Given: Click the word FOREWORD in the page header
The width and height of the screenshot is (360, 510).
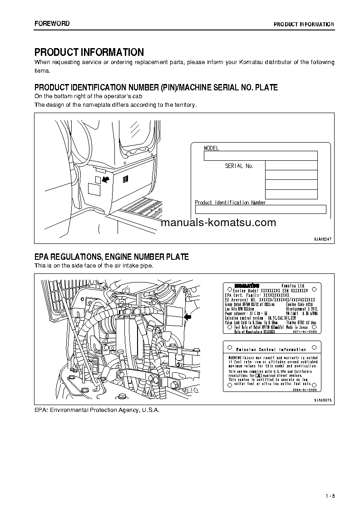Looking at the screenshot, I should (x=52, y=24).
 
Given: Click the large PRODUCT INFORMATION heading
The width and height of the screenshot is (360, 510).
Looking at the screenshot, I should (x=89, y=52).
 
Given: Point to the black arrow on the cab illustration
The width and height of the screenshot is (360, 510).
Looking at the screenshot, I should (x=105, y=180).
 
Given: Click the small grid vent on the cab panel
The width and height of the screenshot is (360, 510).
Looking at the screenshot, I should (x=126, y=179).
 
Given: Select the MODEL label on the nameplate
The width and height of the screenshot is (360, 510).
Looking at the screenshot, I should (x=212, y=148).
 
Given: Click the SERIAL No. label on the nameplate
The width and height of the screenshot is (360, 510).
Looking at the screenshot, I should (x=239, y=166).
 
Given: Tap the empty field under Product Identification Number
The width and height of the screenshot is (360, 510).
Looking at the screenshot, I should (x=261, y=209).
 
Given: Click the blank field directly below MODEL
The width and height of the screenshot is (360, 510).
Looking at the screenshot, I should (x=260, y=156).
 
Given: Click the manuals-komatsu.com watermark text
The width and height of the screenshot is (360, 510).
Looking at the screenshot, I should (x=218, y=223).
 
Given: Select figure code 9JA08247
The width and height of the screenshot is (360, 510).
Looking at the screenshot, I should (x=323, y=238).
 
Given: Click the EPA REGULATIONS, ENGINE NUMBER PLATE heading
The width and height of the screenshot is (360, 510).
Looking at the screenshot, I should (x=112, y=257).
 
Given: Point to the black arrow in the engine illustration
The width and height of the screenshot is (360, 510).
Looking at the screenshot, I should (x=188, y=318).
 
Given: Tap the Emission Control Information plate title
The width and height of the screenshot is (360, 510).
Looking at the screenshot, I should (x=271, y=349).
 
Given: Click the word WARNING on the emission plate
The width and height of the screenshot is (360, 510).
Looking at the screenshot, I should (x=237, y=358).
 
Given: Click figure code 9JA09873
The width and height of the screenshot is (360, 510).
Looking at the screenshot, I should (x=323, y=400).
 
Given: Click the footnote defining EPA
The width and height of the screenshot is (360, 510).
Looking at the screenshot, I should (x=97, y=409).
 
